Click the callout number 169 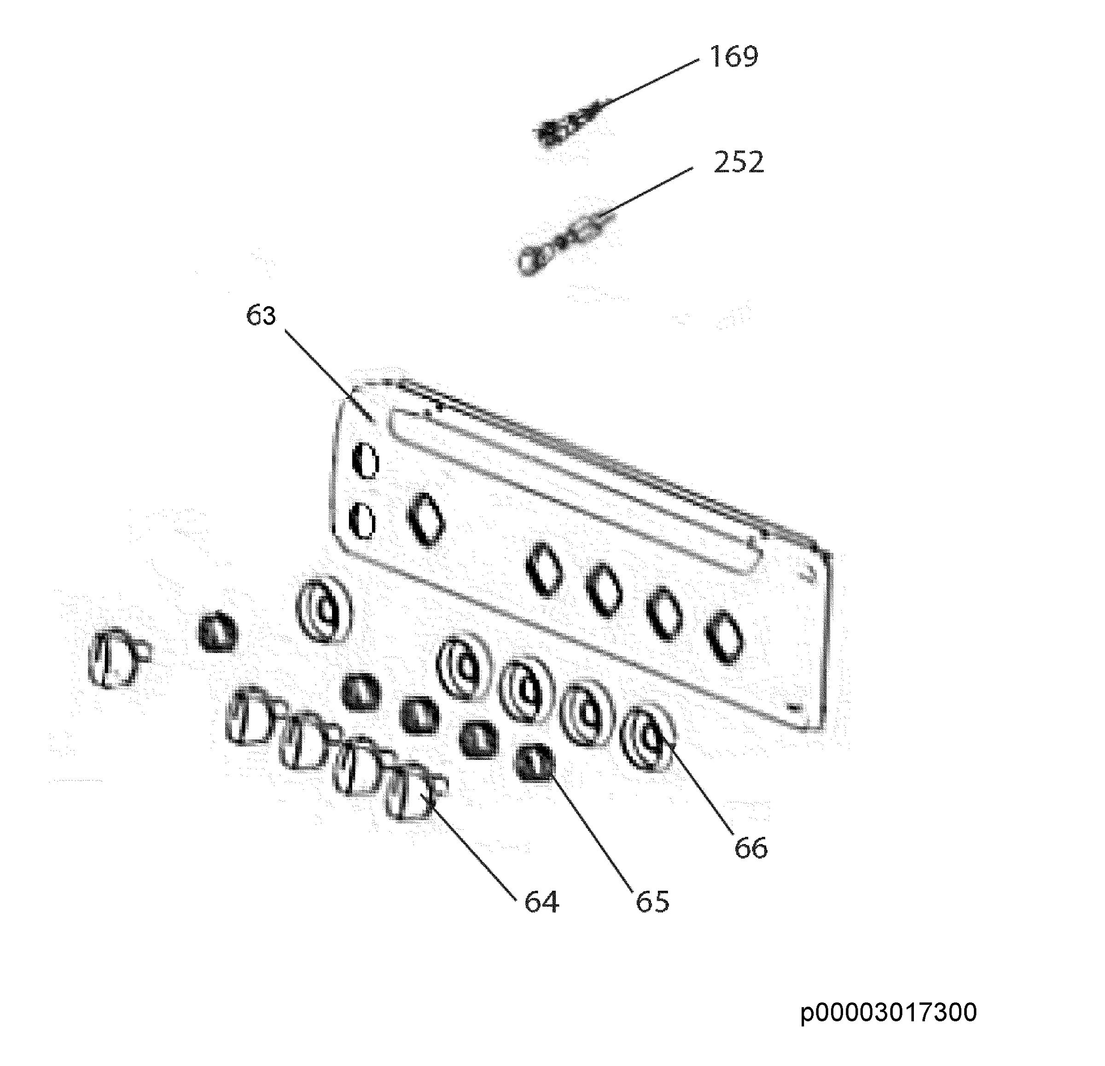coord(733,56)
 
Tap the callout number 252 coord(739,163)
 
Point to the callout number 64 coord(541,902)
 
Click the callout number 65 coord(652,902)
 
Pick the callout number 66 coord(751,848)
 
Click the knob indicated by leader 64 coord(416,790)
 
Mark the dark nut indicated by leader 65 coord(535,763)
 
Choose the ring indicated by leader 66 coord(648,738)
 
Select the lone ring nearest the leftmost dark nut coord(324,610)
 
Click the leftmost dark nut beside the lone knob coord(217,631)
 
